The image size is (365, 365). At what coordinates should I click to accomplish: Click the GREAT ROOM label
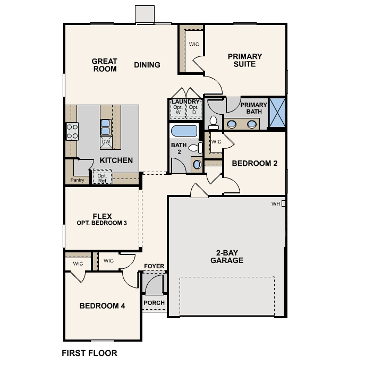tap(105, 65)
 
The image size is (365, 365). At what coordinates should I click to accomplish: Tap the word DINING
tap(147, 65)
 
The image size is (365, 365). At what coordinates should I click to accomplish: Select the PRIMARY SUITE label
tap(245, 60)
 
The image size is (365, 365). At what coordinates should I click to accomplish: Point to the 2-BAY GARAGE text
tap(226, 256)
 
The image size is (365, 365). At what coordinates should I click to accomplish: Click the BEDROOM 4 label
tap(102, 305)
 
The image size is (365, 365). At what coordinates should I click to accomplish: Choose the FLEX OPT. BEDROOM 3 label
tap(102, 219)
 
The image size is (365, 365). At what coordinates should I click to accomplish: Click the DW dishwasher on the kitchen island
tap(106, 142)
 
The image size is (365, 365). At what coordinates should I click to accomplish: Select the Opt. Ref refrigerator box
tap(101, 177)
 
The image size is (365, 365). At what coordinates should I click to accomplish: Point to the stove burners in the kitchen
tap(72, 131)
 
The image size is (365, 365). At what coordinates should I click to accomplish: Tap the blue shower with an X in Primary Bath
tap(277, 113)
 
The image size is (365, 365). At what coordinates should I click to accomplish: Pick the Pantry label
tap(77, 180)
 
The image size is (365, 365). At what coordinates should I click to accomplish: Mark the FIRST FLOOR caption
tap(89, 353)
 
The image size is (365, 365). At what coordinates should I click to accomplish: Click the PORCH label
tap(154, 303)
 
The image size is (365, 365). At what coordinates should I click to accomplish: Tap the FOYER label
tap(154, 266)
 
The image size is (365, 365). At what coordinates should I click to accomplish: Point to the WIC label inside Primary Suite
tap(194, 44)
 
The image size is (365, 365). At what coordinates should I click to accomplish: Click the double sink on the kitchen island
tap(106, 126)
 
